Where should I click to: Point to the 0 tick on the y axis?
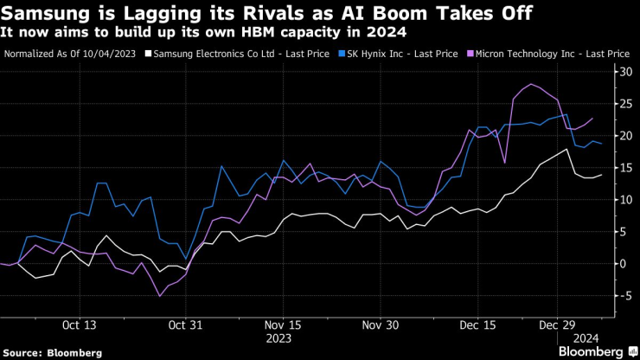(x=619, y=263)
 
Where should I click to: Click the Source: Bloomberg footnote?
(x=52, y=352)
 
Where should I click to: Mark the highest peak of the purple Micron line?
(x=530, y=84)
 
